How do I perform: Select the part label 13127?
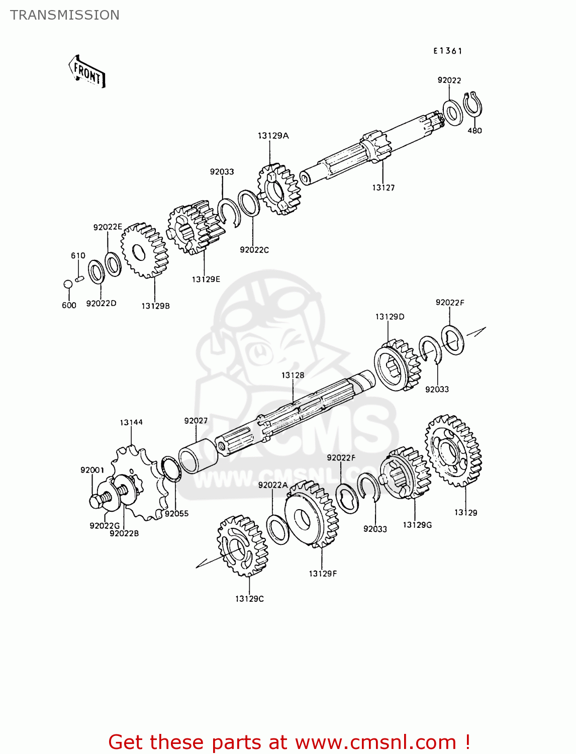tap(383, 188)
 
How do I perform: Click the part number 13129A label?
tap(273, 136)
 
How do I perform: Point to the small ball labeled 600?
tap(68, 285)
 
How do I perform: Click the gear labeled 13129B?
tap(144, 250)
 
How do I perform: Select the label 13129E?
tap(206, 279)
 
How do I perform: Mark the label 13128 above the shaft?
tap(293, 375)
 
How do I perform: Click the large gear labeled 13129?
tap(453, 451)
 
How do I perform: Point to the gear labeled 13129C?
tap(242, 545)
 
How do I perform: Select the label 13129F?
tap(323, 574)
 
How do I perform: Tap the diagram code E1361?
tap(448, 51)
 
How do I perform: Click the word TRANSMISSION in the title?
tap(65, 15)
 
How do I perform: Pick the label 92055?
tap(176, 514)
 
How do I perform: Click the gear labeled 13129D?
tap(397, 364)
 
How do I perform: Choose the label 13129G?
tap(417, 525)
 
